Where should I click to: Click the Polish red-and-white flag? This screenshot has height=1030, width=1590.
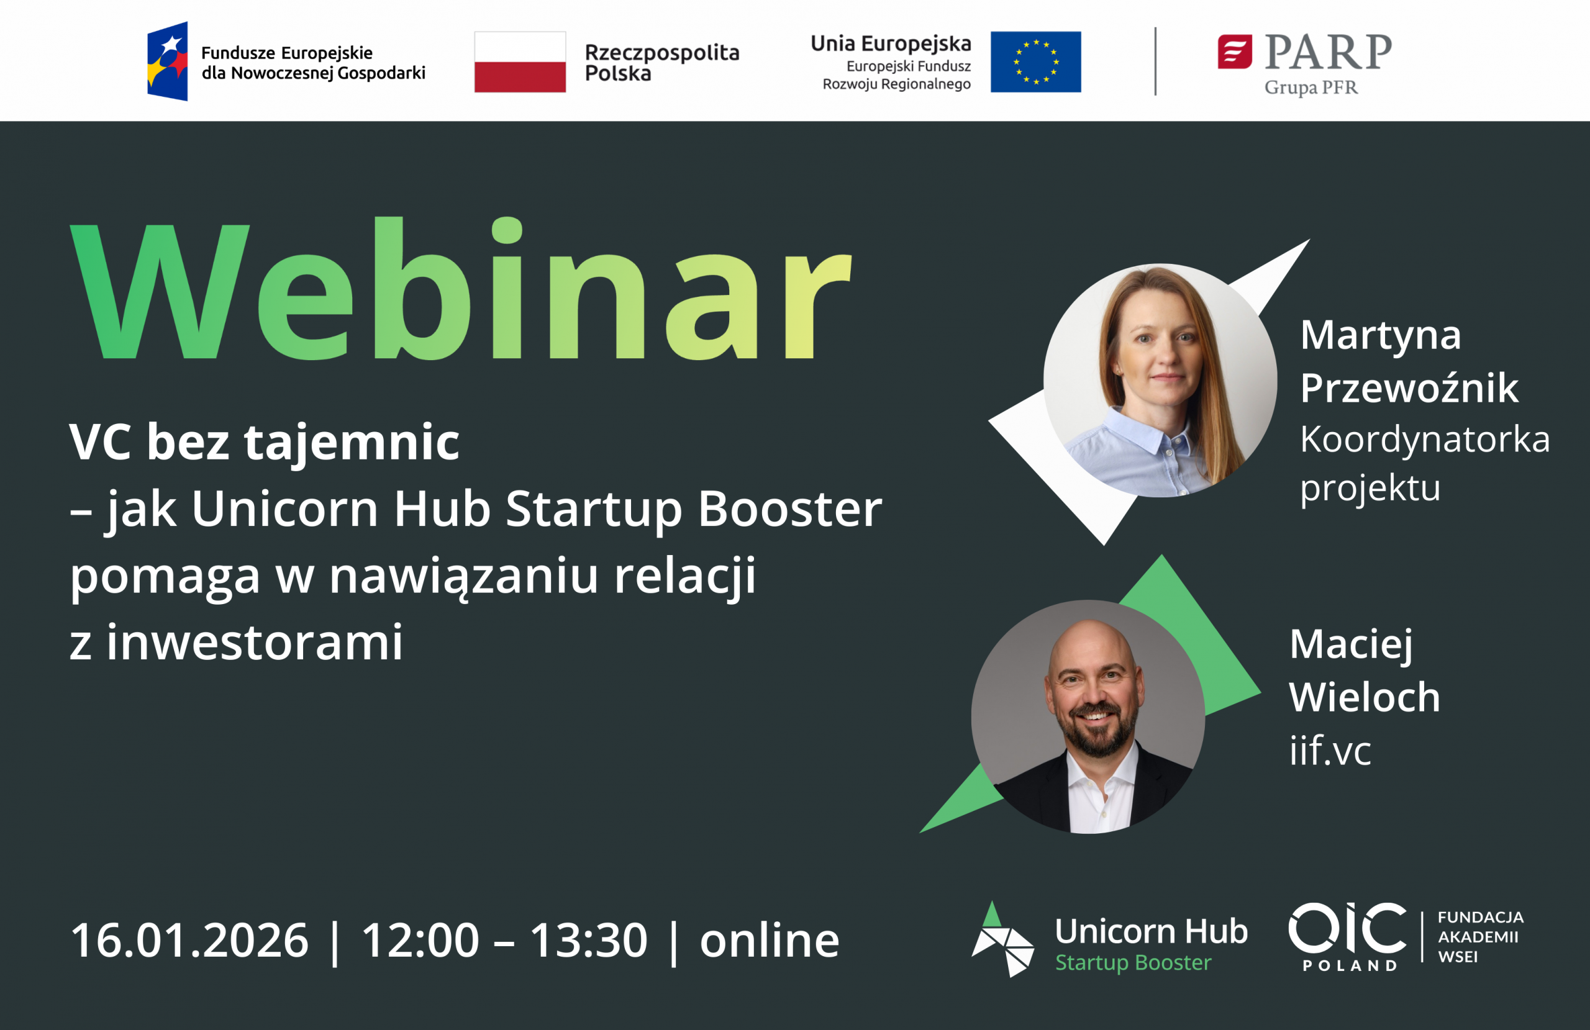pos(520,61)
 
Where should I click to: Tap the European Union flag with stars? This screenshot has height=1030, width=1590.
pos(1035,61)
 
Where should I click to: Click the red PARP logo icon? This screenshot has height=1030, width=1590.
pos(1235,52)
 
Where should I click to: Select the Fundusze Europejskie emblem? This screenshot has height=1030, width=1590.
pos(167,61)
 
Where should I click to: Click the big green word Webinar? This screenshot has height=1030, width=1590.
pos(461,289)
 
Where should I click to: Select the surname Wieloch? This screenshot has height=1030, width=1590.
pos(1364,697)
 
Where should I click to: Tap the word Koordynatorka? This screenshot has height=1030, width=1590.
pos(1425,440)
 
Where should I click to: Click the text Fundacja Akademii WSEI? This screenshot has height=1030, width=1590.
pos(1481,936)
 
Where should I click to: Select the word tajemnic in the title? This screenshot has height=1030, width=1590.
pos(352,442)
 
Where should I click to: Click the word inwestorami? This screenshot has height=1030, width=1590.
pos(255,643)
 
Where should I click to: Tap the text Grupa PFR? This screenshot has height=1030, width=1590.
pos(1311,88)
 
